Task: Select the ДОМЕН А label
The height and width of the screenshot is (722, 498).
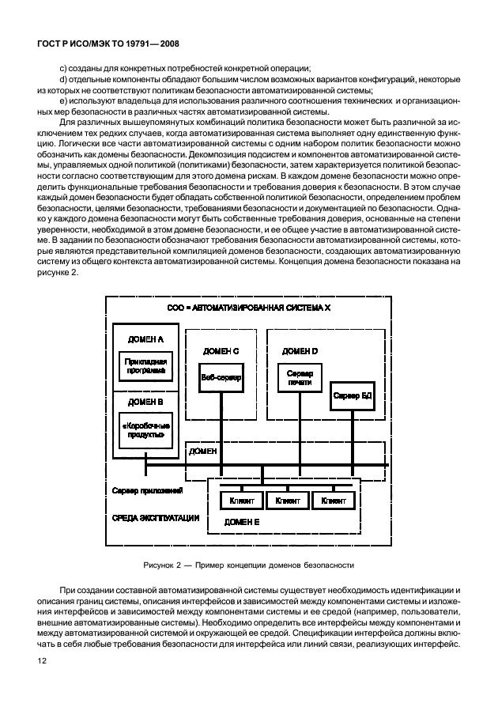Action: pyautogui.click(x=145, y=338)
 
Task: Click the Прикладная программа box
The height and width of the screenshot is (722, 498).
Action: pyautogui.click(x=145, y=365)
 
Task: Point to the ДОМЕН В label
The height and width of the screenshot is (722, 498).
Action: pyautogui.click(x=145, y=402)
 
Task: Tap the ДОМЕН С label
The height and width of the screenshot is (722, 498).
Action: pyautogui.click(x=221, y=350)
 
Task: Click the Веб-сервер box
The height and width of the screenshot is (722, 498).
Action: pyautogui.click(x=221, y=377)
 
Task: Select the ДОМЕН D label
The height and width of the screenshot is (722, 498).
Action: pyautogui.click(x=300, y=350)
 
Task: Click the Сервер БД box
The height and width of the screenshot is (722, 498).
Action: pyautogui.click(x=352, y=395)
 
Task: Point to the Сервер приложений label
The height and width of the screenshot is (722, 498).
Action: pyautogui.click(x=148, y=490)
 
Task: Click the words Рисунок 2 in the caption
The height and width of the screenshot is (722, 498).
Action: pyautogui.click(x=162, y=565)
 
